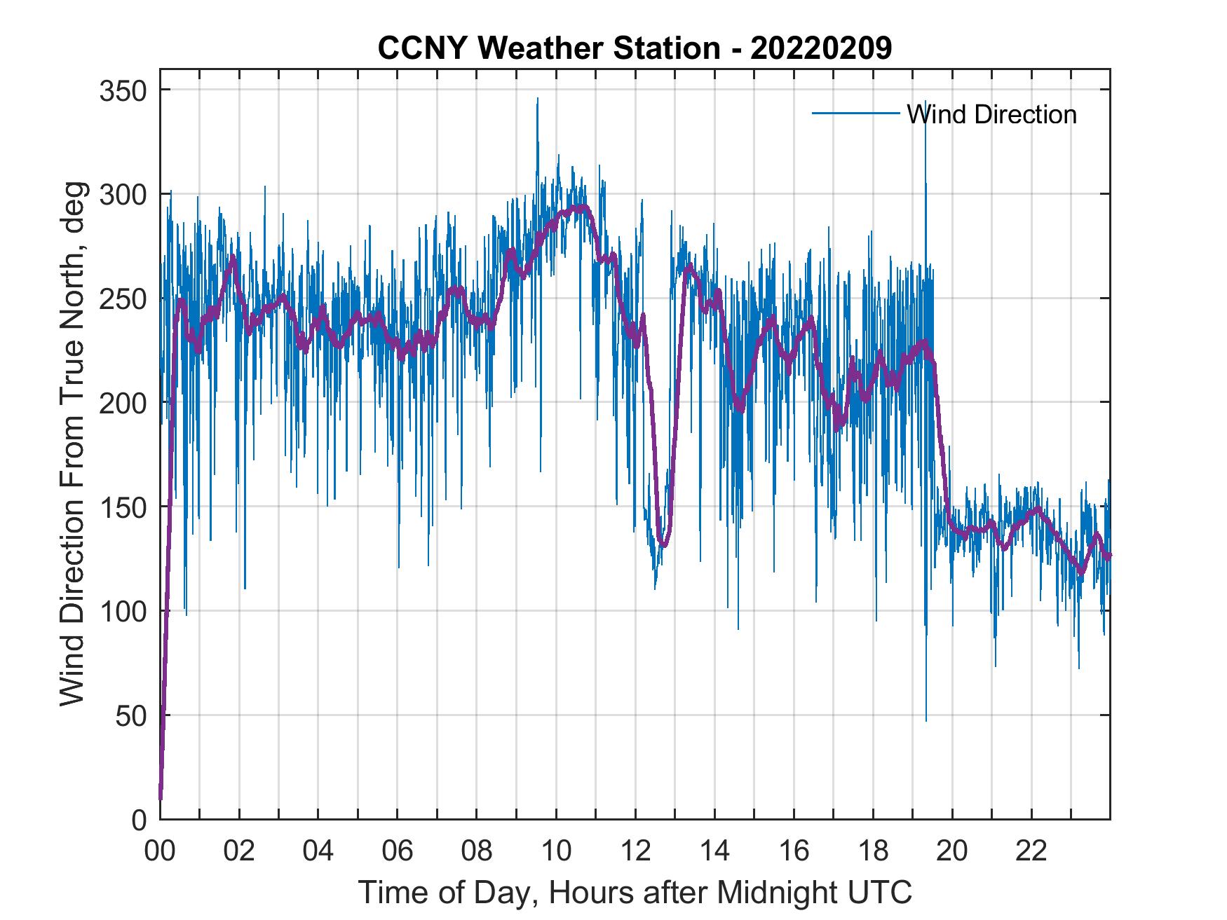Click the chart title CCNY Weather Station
[635, 48]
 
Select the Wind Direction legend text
[991, 114]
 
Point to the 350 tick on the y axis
[124, 90]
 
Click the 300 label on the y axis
[124, 194]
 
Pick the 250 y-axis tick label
[124, 298]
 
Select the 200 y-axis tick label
[124, 403]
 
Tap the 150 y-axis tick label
[124, 507]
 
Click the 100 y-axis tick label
[124, 611]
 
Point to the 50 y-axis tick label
[131, 715]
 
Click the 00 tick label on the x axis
[160, 852]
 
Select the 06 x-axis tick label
[398, 852]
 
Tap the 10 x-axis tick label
[556, 852]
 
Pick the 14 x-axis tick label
[714, 852]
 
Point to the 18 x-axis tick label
[873, 852]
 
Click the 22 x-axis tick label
[1031, 852]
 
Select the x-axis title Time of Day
[635, 892]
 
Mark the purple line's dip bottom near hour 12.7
[663, 544]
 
